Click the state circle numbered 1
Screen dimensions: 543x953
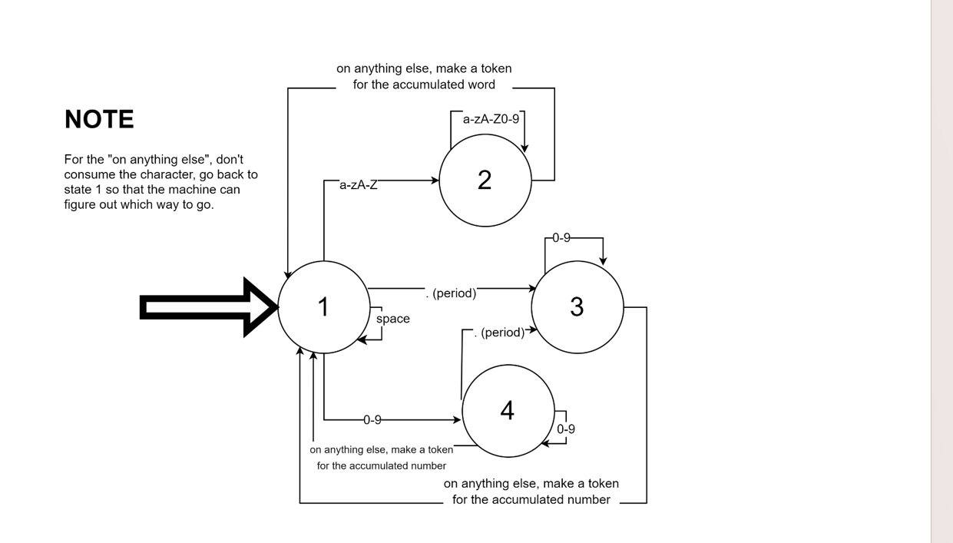pos(323,307)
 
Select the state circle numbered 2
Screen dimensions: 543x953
pos(485,180)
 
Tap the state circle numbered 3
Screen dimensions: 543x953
pos(577,307)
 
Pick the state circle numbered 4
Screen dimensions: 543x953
pos(508,411)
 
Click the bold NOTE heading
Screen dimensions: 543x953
pos(99,120)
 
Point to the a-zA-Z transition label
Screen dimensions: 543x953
pos(359,185)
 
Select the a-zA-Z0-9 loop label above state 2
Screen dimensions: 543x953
pos(491,119)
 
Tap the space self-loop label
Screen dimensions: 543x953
pos(392,319)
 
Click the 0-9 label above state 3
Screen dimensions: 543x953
pos(561,238)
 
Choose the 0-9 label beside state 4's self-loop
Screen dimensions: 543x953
pos(566,429)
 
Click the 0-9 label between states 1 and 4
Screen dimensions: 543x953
pos(372,420)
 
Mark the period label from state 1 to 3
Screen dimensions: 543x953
pos(452,293)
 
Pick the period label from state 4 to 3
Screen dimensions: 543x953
pos(500,333)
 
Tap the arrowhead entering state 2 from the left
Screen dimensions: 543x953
pos(435,180)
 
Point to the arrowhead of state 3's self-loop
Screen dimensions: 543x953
pos(603,261)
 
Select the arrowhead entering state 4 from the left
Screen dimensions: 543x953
pos(457,419)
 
